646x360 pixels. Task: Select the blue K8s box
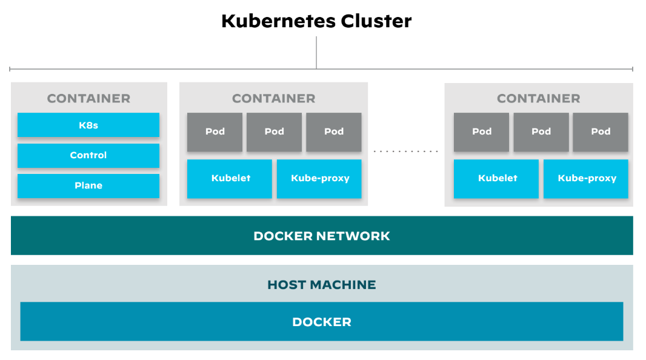click(x=88, y=125)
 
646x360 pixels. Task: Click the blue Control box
click(x=88, y=155)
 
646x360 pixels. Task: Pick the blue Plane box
click(x=88, y=185)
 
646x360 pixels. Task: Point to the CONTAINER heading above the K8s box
click(x=88, y=98)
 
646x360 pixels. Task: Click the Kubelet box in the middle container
click(x=230, y=179)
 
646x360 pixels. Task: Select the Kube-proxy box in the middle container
click(x=319, y=179)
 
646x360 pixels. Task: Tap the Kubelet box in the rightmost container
click(x=496, y=179)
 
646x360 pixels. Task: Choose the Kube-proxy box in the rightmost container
click(x=586, y=179)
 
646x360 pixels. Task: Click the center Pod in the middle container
click(x=274, y=132)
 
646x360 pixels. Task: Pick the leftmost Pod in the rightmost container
click(x=482, y=132)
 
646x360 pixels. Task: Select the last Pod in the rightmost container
click(x=601, y=132)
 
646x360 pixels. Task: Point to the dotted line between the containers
click(x=405, y=151)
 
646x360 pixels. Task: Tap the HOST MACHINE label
click(x=322, y=284)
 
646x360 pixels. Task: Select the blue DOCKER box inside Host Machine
click(x=322, y=322)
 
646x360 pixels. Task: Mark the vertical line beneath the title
click(x=316, y=52)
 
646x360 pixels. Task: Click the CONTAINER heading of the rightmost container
click(x=538, y=98)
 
